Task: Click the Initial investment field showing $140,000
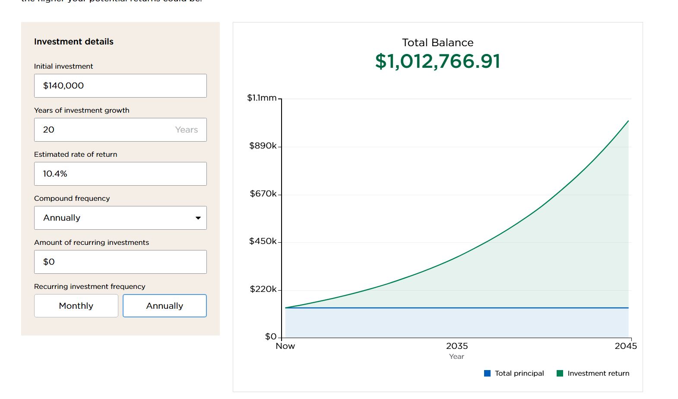(120, 85)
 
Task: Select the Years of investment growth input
(120, 130)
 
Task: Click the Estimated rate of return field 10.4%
(120, 174)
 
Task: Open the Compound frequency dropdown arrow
(198, 218)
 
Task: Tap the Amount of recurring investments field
(120, 262)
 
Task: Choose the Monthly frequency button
(76, 306)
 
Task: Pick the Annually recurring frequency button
(165, 306)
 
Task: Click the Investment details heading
(74, 42)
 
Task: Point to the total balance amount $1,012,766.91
(437, 61)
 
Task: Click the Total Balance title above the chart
(437, 43)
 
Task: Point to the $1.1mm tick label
(262, 98)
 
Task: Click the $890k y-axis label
(263, 146)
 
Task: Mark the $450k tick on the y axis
(263, 241)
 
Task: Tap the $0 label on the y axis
(270, 336)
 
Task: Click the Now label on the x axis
(285, 346)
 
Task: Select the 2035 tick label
(457, 346)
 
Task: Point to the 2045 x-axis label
(626, 346)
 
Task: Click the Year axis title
(456, 357)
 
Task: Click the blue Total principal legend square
(488, 374)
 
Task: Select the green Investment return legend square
(560, 374)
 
